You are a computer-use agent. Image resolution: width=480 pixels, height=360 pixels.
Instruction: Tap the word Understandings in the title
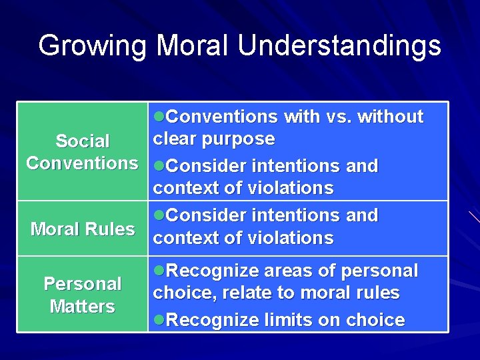click(x=339, y=46)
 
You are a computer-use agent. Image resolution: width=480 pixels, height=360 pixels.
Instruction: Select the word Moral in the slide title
click(x=193, y=46)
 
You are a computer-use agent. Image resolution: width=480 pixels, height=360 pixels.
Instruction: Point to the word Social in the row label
click(x=83, y=141)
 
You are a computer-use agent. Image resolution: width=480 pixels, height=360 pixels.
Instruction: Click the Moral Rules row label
click(x=83, y=229)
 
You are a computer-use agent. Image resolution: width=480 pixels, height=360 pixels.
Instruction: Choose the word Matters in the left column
click(x=83, y=307)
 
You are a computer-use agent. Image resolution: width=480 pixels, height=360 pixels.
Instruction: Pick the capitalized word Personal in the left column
click(x=83, y=284)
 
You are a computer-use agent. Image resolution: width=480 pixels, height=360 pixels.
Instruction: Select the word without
click(x=390, y=117)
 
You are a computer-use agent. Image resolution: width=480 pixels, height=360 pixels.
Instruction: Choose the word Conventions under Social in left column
click(x=83, y=163)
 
